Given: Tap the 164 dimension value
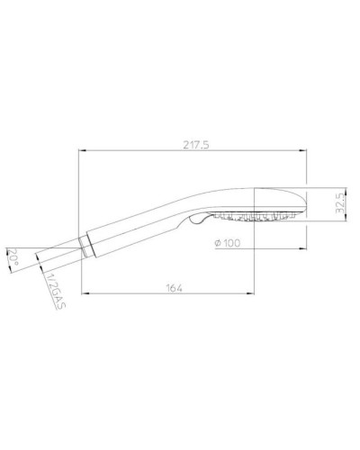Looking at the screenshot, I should coord(175,287).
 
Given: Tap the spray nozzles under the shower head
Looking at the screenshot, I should coord(257,217).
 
